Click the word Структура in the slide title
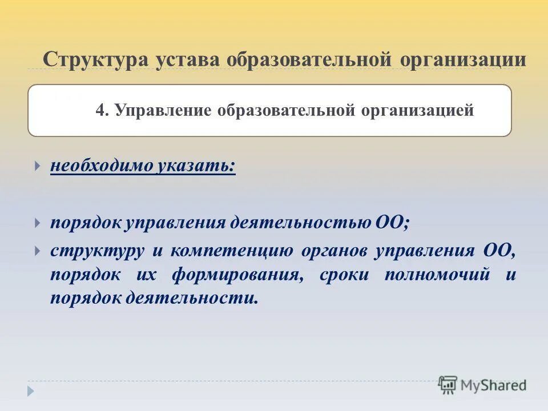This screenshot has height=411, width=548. (95, 59)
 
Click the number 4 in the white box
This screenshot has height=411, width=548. (101, 111)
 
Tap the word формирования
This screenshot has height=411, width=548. (236, 275)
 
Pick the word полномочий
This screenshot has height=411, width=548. (437, 275)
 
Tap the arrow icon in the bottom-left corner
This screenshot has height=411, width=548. (31, 391)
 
